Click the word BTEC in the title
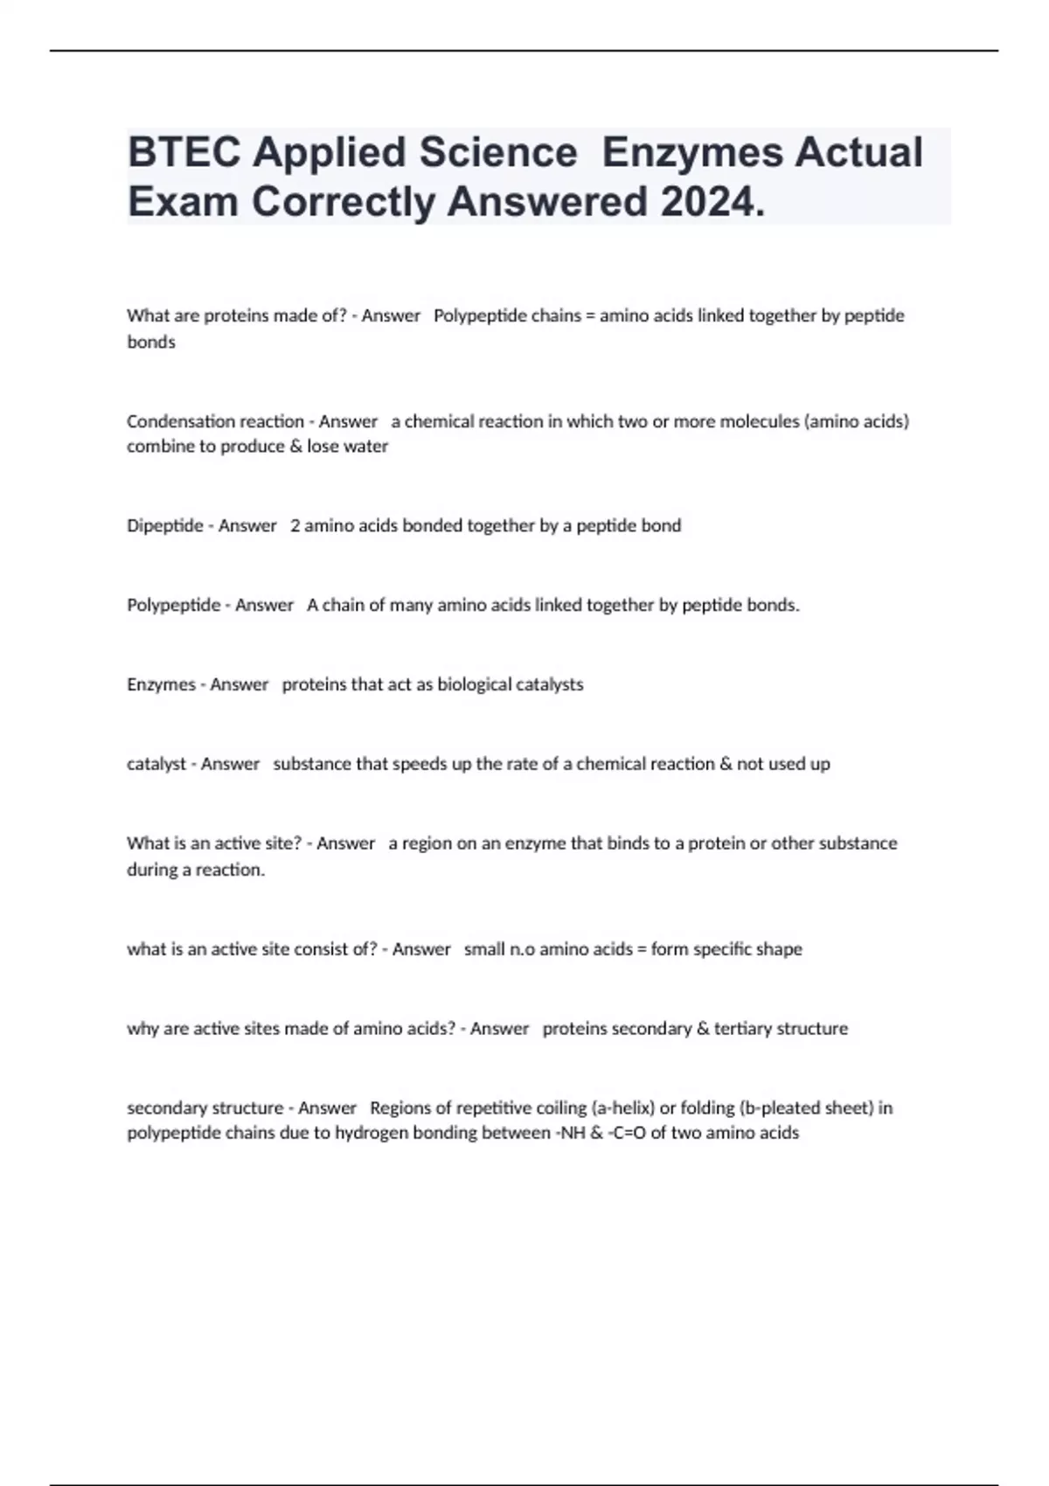click(183, 152)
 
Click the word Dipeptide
click(164, 525)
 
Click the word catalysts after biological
click(549, 684)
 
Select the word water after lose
click(366, 447)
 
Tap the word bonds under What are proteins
click(151, 343)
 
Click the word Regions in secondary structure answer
click(399, 1108)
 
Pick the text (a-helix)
click(622, 1108)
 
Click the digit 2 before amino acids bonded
click(295, 525)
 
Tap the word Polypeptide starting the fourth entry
click(173, 605)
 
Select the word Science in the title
click(497, 152)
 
